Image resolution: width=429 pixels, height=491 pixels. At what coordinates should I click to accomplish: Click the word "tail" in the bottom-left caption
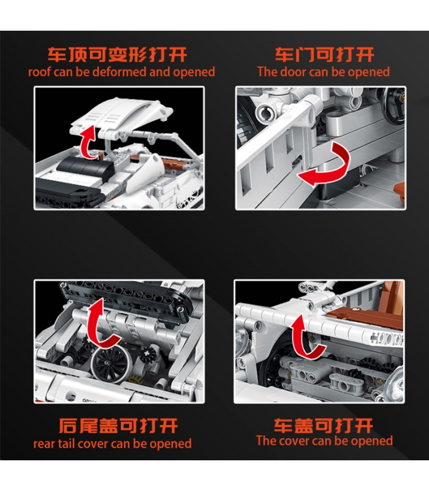67,443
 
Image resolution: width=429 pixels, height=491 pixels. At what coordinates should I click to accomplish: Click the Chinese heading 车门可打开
324,55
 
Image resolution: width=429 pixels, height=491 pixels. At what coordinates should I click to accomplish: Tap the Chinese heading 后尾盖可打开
118,426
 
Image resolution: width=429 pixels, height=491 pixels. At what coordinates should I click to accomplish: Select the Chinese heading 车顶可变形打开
117,55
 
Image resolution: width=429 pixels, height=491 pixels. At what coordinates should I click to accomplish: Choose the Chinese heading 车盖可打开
324,425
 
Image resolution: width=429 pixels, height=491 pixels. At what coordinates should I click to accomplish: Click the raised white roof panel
120,117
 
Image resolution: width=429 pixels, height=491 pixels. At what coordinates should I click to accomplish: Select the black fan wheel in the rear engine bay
110,364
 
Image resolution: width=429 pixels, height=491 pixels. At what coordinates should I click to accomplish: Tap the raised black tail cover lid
123,298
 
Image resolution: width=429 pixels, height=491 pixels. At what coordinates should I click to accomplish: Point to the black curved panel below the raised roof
85,168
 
